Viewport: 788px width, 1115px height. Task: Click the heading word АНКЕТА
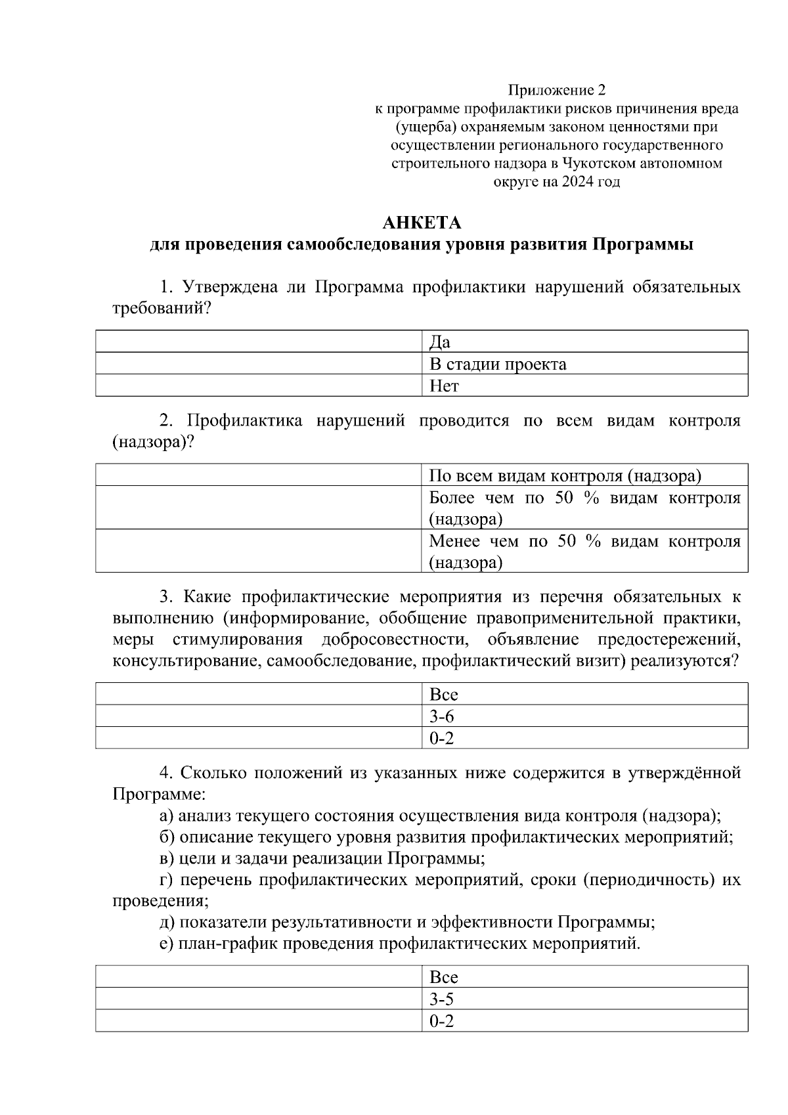[422, 223]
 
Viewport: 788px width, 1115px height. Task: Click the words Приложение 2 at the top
[556, 89]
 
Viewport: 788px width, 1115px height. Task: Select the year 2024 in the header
[576, 182]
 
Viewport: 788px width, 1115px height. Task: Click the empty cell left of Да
[259, 342]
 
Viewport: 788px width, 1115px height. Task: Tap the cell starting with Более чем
[584, 508]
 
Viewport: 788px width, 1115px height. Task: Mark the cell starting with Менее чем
[584, 551]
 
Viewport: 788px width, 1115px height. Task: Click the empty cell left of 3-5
[259, 999]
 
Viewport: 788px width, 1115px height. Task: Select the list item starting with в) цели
[322, 858]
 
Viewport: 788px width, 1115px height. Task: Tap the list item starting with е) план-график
[399, 944]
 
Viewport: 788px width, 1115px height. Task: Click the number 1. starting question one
[167, 288]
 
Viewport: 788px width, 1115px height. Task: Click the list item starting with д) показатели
[407, 922]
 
